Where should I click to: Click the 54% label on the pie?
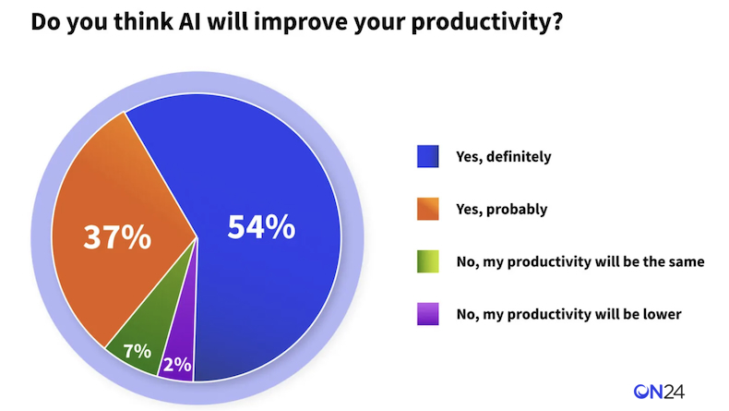261,227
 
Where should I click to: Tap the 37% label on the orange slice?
117,236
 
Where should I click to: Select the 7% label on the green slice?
137,351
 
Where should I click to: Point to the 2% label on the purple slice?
177,365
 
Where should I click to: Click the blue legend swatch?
428,156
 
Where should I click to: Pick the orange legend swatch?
428,209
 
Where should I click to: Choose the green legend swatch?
428,261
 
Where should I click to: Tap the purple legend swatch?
428,314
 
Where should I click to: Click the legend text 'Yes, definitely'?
504,157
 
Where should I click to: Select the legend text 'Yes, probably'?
502,210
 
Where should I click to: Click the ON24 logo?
659,392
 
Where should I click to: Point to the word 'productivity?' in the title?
487,23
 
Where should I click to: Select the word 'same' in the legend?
687,262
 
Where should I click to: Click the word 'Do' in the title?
45,21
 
